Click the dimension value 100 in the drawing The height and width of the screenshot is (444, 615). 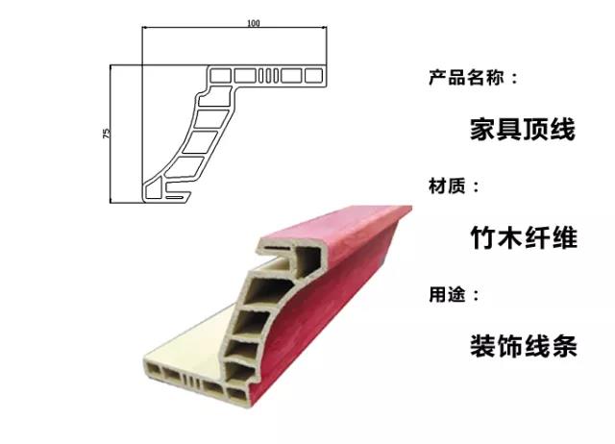(x=254, y=23)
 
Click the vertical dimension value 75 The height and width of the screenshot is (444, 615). (x=107, y=133)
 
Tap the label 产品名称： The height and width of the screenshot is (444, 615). (x=473, y=78)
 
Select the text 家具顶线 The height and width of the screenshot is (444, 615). (x=523, y=129)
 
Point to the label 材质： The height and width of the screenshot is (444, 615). (x=454, y=185)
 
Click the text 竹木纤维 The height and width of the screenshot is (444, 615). (x=524, y=237)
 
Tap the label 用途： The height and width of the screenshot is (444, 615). (x=454, y=294)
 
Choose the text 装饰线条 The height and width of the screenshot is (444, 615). (x=524, y=346)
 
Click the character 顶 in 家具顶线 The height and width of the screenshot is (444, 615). (x=536, y=129)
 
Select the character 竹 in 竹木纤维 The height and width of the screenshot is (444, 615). (x=483, y=237)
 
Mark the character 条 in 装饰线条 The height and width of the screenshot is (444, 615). (x=564, y=346)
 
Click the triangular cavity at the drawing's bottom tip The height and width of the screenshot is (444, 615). (x=153, y=189)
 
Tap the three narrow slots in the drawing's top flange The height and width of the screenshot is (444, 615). (x=269, y=75)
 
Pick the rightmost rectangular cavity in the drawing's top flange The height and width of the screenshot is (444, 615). (x=314, y=75)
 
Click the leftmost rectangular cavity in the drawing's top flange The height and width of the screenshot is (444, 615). (x=220, y=75)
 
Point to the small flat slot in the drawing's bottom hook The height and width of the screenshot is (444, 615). (x=175, y=197)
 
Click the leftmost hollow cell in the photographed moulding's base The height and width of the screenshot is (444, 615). (x=152, y=369)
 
